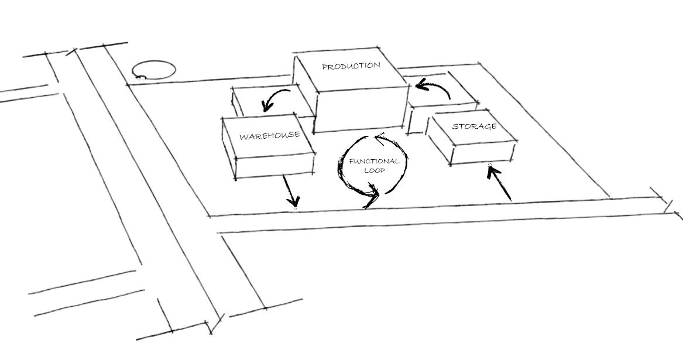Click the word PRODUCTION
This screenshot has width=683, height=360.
pos(351,66)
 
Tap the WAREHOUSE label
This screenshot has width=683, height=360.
pos(269,136)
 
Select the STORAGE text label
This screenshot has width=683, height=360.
pos(474,126)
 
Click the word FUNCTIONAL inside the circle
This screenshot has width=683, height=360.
pos(374,162)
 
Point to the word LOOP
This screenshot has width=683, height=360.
pos(374,171)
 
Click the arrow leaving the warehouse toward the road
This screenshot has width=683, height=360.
pos(290,191)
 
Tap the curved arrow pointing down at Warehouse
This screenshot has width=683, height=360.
pos(275,98)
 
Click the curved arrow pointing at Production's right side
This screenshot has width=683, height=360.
pos(433,89)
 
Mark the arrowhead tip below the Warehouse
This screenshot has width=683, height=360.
pos(295,207)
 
